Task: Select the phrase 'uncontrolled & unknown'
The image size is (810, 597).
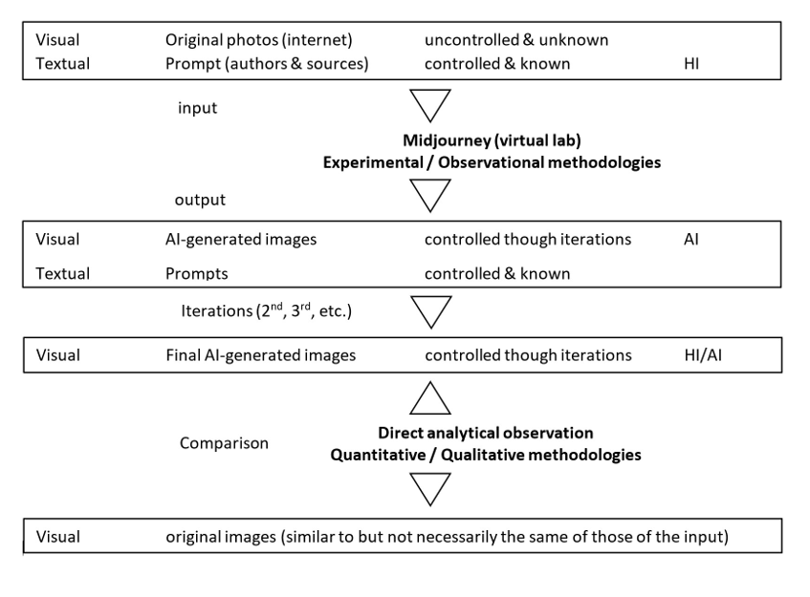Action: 516,40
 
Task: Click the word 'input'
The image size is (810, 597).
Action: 197,108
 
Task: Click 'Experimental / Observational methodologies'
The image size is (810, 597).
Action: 491,162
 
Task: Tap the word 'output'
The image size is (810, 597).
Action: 200,200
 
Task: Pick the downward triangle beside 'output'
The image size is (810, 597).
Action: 428,194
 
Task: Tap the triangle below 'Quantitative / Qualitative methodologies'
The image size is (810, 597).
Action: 428,487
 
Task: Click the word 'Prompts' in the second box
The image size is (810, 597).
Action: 197,273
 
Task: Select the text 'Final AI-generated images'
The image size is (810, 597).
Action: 260,355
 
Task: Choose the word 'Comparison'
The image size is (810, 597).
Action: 224,443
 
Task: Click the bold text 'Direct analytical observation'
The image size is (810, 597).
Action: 486,433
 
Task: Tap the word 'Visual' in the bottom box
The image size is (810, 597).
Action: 57,537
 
